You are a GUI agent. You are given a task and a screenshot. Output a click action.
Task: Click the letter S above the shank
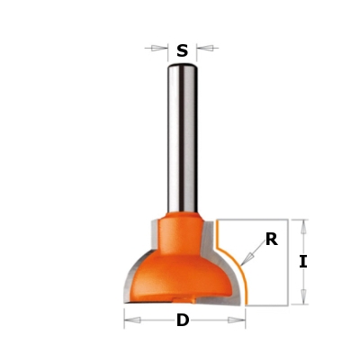click(182, 50)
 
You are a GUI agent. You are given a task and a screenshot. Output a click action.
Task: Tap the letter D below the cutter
click(183, 320)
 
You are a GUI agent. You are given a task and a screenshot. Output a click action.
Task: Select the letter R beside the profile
click(272, 240)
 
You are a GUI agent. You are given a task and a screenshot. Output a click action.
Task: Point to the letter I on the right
click(303, 262)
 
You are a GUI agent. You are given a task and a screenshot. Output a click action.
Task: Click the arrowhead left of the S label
click(159, 48)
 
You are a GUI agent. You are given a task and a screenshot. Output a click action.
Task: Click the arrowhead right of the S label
click(205, 48)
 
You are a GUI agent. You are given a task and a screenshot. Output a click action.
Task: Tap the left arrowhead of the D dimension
click(132, 320)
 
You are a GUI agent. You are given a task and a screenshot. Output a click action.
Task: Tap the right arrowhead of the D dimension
click(237, 320)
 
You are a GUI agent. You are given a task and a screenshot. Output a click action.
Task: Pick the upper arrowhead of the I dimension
click(304, 227)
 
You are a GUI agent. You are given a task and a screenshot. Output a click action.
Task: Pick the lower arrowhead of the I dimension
click(303, 296)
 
